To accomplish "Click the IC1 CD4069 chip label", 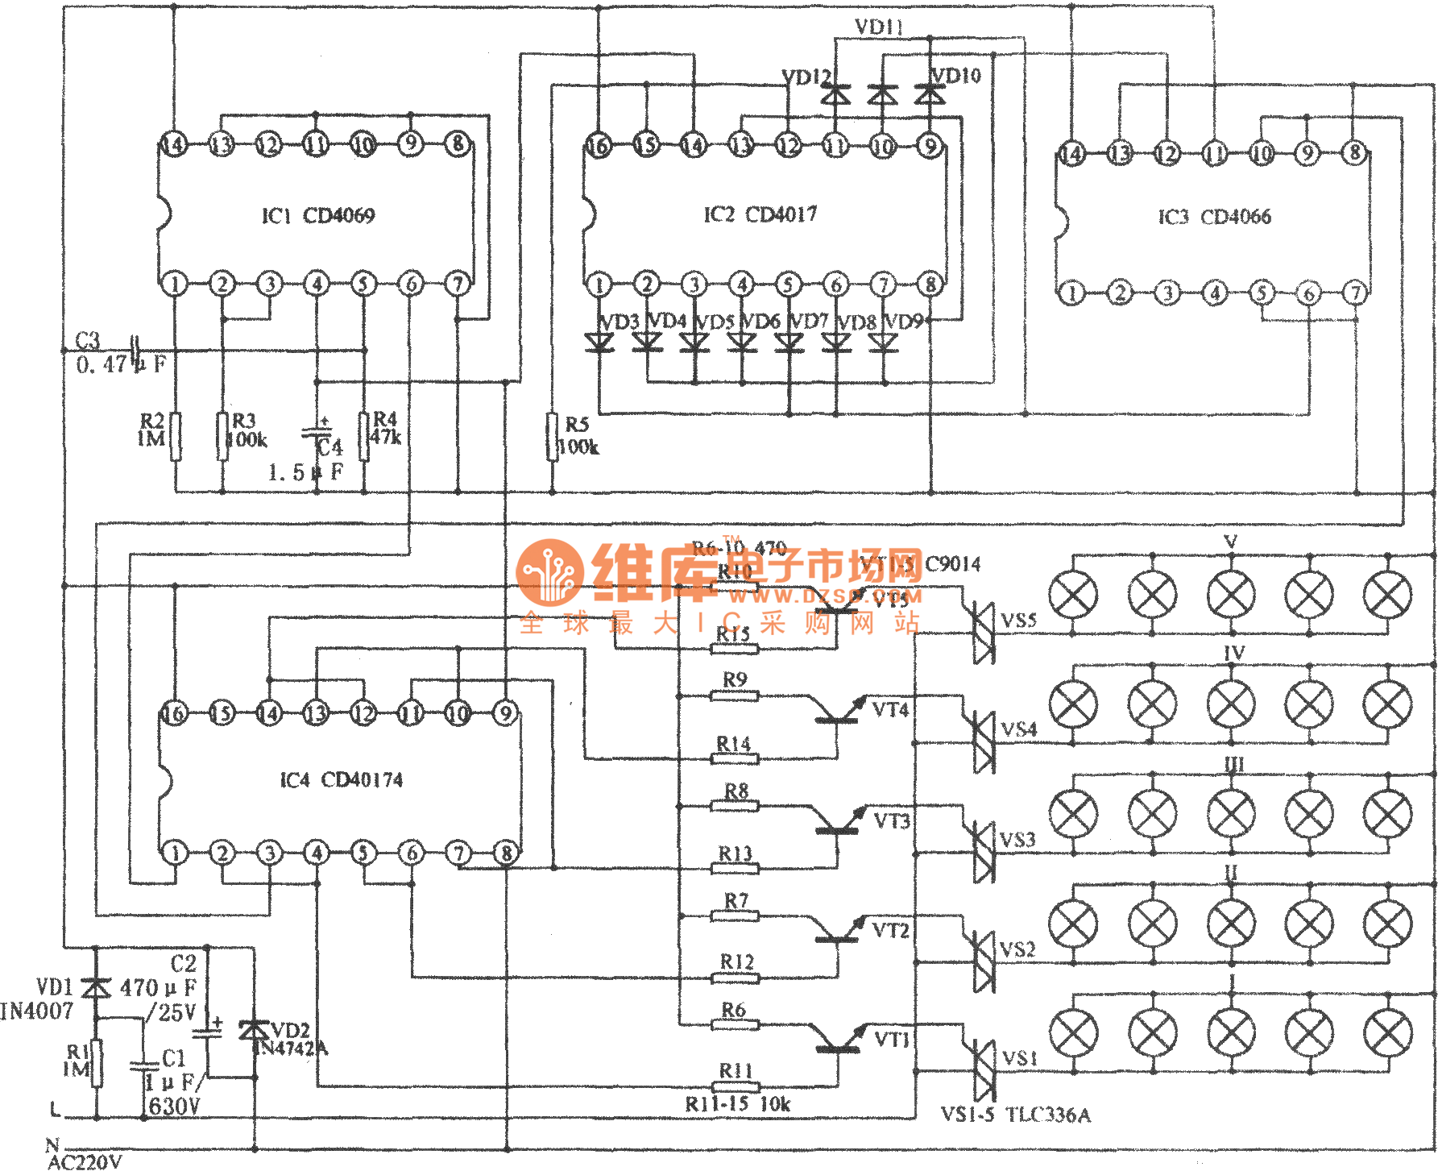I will pos(318,216).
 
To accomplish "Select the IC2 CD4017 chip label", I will pos(760,214).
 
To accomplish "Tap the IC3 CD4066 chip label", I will pos(1214,217).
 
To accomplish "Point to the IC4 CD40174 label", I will pos(341,780).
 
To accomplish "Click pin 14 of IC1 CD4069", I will pos(173,145).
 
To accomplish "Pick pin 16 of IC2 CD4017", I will pos(598,146).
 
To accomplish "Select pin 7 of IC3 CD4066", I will pos(1356,293).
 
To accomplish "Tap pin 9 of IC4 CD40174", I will pos(505,712).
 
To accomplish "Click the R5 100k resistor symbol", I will pos(553,436).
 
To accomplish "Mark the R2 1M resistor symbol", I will pos(175,436).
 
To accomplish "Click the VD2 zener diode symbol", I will pos(255,1030).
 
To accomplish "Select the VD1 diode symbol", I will pos(97,987).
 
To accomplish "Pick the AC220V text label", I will pos(85,1161).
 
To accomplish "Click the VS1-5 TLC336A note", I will pos(1016,1115).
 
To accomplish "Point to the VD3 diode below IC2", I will pos(599,343).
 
